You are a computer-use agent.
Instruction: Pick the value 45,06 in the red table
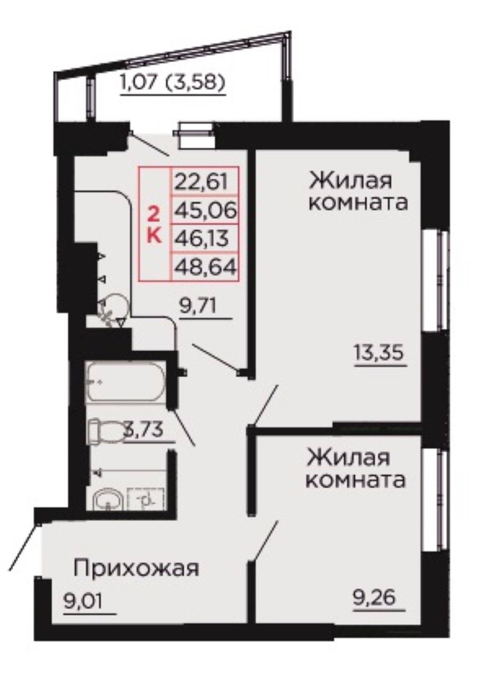pyautogui.click(x=205, y=210)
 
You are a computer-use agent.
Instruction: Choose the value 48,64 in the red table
pyautogui.click(x=205, y=266)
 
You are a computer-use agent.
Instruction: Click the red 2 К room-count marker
pyautogui.click(x=154, y=224)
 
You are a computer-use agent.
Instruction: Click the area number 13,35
pyautogui.click(x=379, y=353)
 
